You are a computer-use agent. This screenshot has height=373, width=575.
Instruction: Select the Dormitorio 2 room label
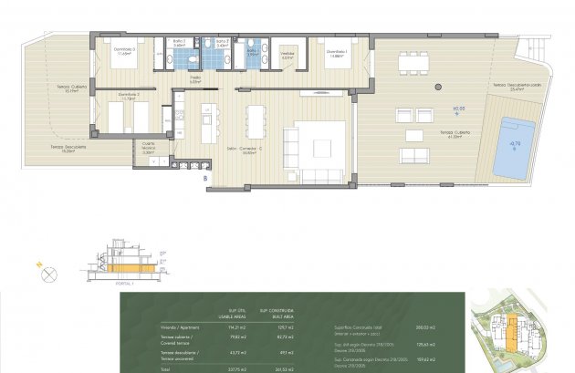click(128, 95)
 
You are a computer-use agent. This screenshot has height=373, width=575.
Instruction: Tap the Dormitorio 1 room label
click(337, 52)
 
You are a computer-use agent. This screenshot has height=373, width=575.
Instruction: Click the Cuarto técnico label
click(148, 146)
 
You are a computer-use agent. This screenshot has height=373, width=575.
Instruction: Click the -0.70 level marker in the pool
click(514, 143)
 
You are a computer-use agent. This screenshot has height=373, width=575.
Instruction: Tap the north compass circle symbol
click(50, 272)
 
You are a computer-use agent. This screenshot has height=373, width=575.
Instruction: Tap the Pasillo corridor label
click(194, 78)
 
